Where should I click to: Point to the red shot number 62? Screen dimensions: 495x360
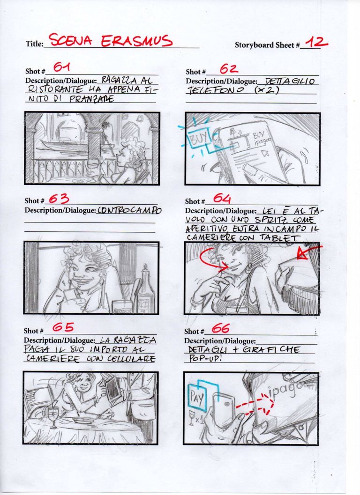228,69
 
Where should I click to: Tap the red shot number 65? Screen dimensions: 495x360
63,328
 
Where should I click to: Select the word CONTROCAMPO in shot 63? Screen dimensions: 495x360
129,211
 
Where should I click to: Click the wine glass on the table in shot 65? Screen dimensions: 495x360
54,416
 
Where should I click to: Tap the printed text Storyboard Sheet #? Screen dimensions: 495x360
267,45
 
